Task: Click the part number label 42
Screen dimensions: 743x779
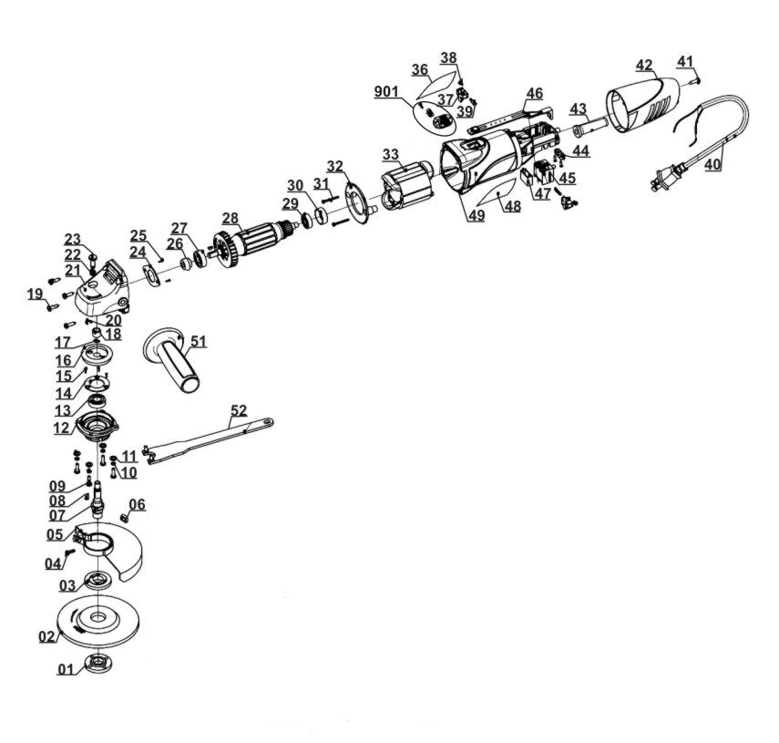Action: click(644, 65)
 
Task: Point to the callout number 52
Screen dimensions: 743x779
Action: click(238, 411)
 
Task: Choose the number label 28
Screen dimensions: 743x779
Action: click(230, 218)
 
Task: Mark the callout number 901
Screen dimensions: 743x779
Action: click(387, 91)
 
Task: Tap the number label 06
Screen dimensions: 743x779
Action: click(137, 504)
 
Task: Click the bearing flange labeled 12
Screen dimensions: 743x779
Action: click(98, 426)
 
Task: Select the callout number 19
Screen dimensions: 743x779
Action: click(35, 294)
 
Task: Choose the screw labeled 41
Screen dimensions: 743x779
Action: click(695, 79)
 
